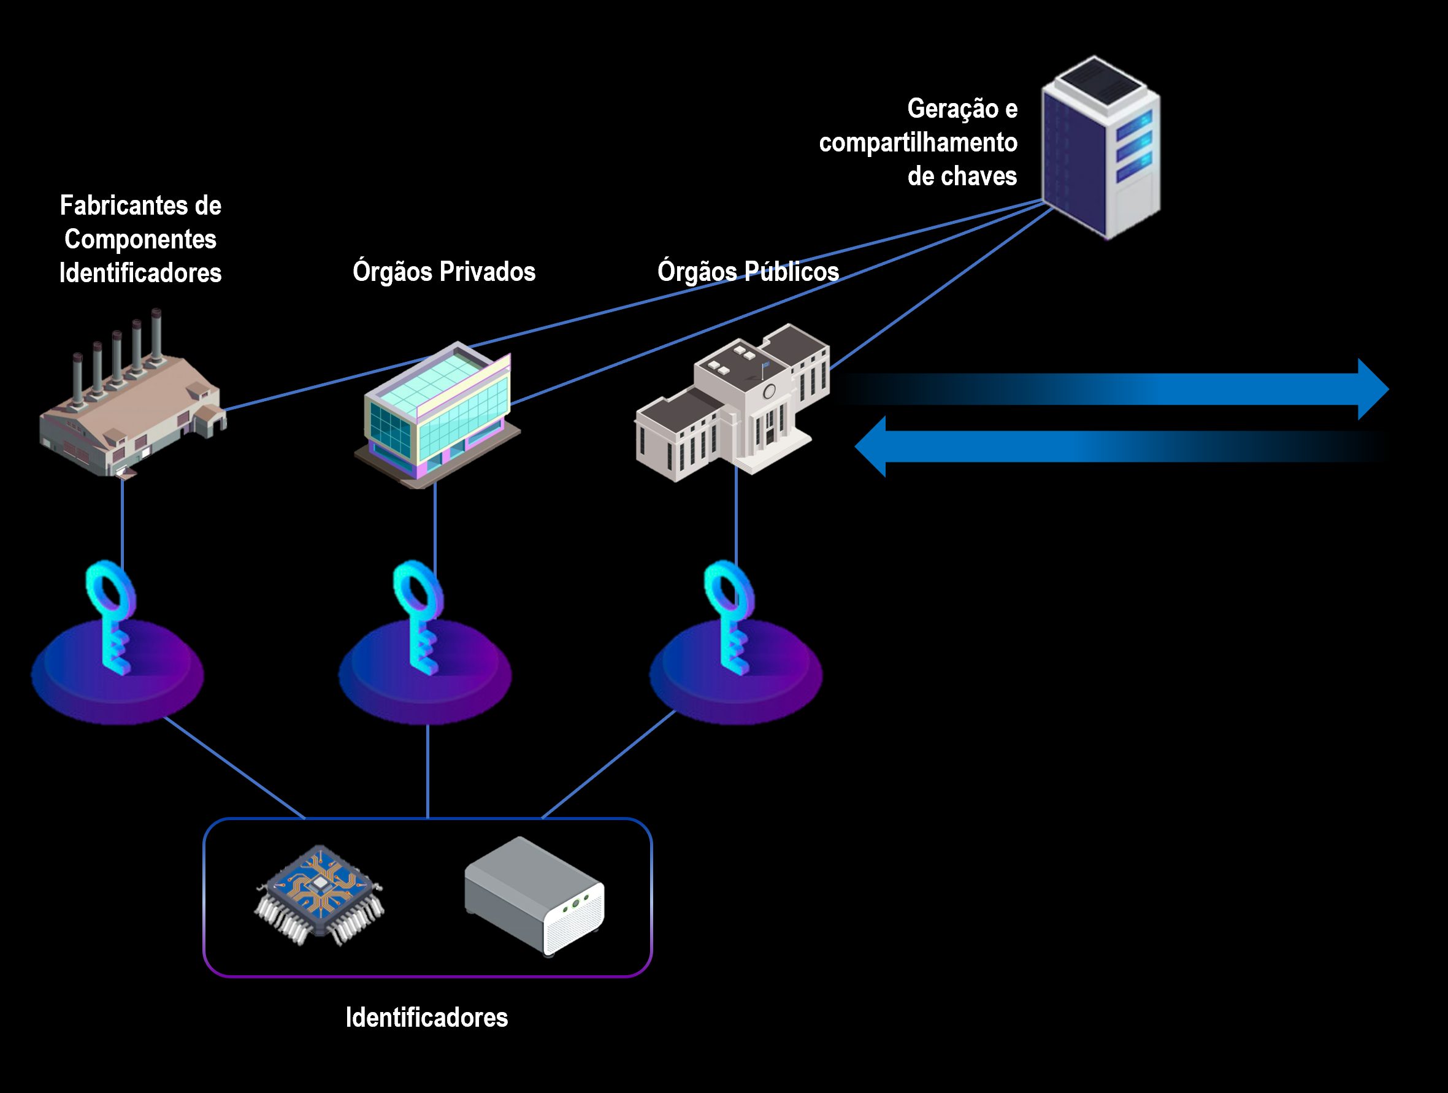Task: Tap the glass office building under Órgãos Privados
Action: pyautogui.click(x=437, y=416)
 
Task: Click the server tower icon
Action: pyautogui.click(x=1100, y=147)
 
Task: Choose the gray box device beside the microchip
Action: pyautogui.click(x=534, y=897)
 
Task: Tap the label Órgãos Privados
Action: pyautogui.click(x=444, y=271)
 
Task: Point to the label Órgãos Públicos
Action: pyautogui.click(x=748, y=271)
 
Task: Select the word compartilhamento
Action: pyautogui.click(x=917, y=143)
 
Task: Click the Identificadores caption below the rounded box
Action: pyautogui.click(x=427, y=1018)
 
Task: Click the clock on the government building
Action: pyautogui.click(x=769, y=392)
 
